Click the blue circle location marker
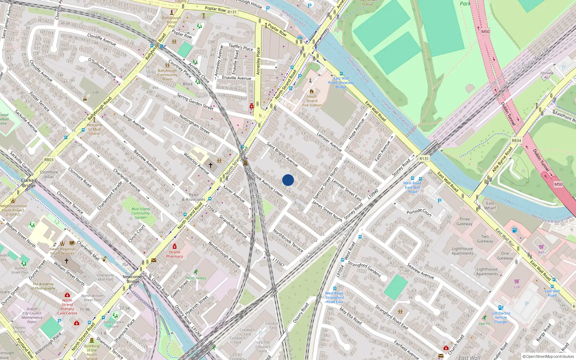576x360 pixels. point(288,180)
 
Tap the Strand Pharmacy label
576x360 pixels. point(175,254)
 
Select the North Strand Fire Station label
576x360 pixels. point(312,101)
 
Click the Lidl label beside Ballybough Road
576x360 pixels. point(95,93)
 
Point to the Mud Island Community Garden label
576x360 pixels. point(140,213)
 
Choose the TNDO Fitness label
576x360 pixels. point(196,278)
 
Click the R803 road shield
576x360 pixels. point(49,160)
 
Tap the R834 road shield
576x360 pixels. point(516,141)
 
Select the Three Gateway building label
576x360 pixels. point(464,221)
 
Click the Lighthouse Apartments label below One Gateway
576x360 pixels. point(487,271)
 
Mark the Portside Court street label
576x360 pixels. point(419,212)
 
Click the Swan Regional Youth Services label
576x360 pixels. point(62,251)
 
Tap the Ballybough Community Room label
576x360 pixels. point(167,75)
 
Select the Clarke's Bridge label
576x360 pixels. point(29,183)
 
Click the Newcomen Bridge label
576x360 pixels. point(133,279)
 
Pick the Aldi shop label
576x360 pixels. point(541,252)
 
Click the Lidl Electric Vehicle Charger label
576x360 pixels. point(501,318)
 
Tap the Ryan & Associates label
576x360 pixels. point(193,197)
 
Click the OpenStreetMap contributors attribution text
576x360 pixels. point(548,357)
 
